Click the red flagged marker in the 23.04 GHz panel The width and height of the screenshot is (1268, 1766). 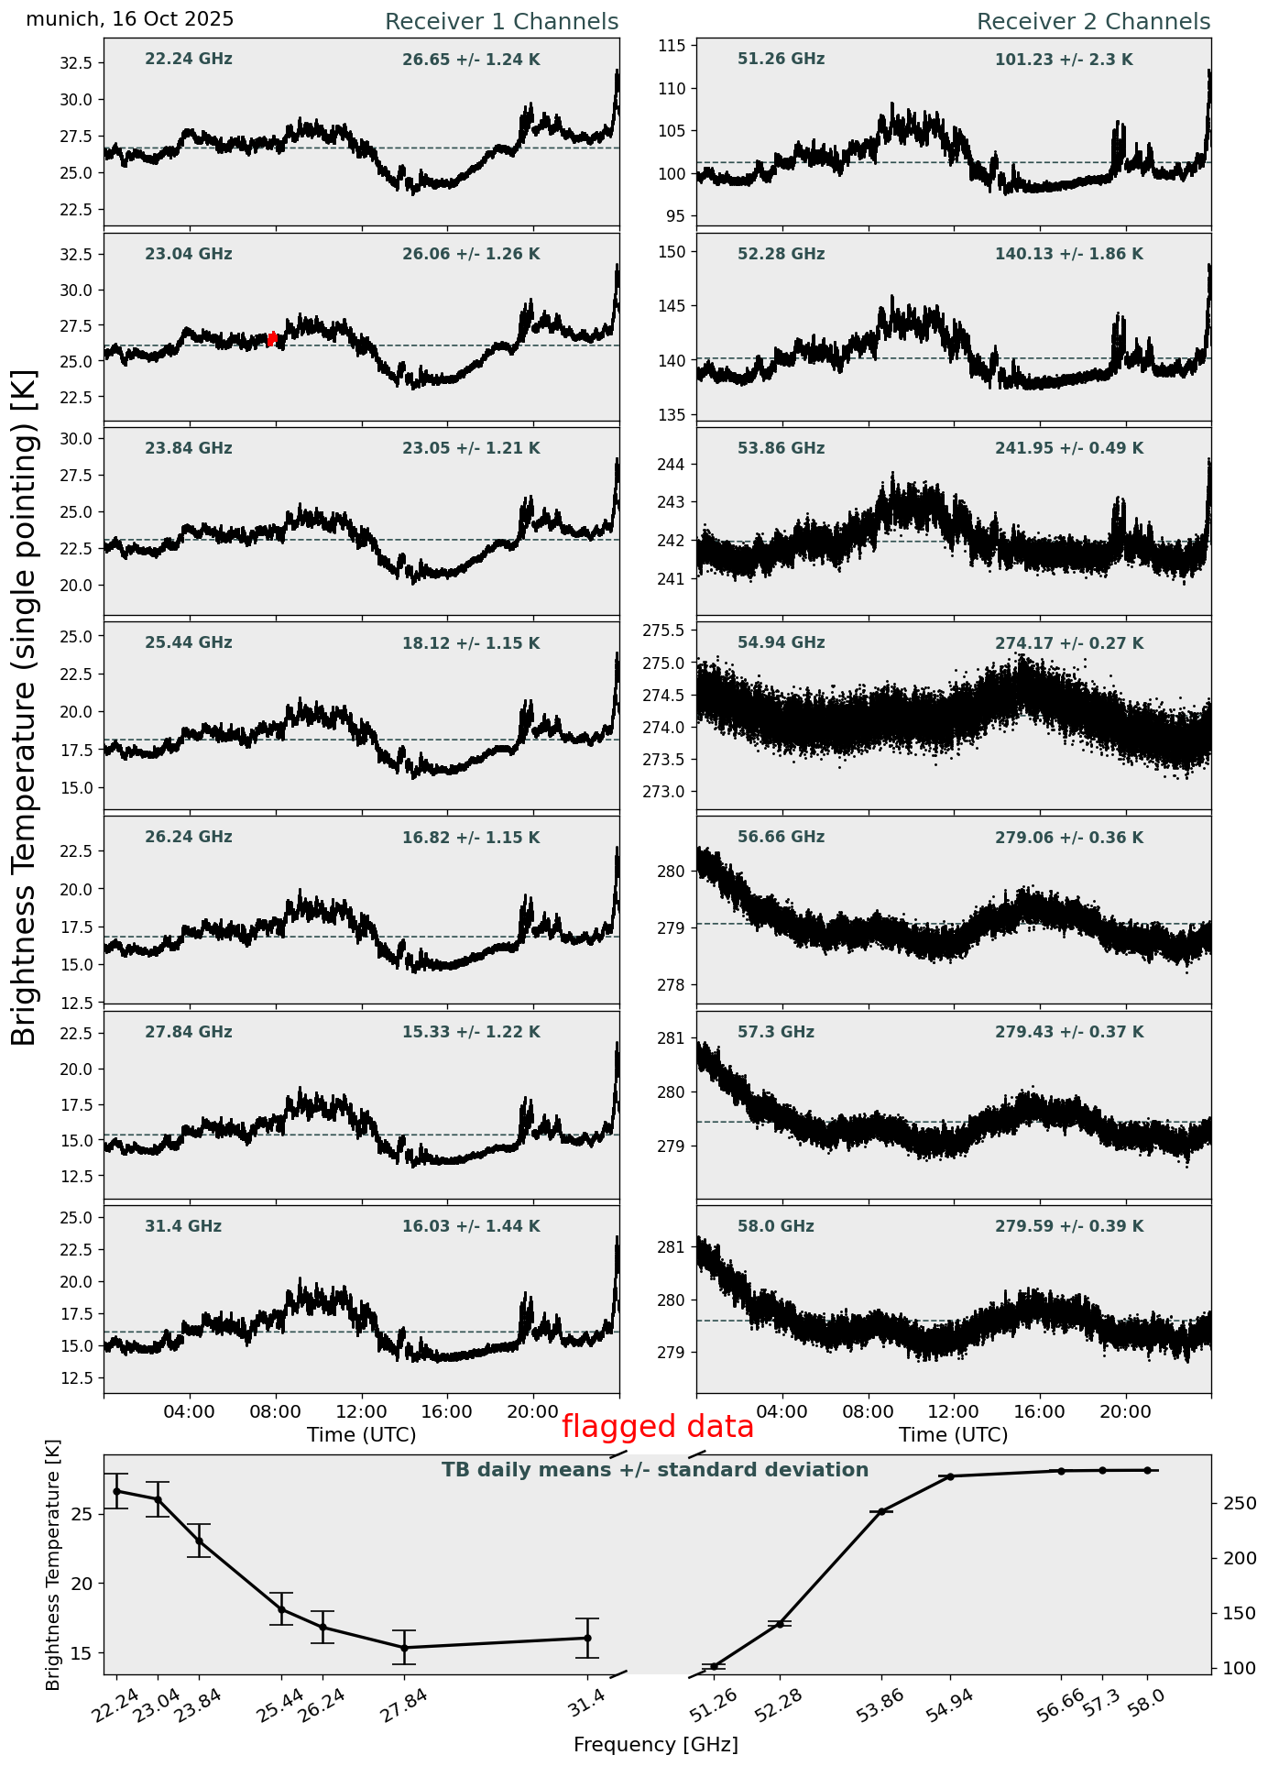[x=272, y=339]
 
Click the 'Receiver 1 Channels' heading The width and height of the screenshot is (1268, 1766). [x=501, y=22]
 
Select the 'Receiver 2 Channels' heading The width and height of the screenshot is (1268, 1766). [x=1093, y=22]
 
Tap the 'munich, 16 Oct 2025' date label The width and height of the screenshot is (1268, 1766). [x=130, y=19]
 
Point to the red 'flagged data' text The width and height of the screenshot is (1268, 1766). [x=657, y=1427]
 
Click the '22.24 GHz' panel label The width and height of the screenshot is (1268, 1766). [x=189, y=60]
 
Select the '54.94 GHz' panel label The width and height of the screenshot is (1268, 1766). [x=781, y=643]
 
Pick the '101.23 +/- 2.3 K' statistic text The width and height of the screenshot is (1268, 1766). [x=1064, y=60]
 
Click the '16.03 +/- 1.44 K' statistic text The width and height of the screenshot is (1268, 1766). [x=471, y=1226]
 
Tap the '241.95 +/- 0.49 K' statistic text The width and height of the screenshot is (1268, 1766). [x=1069, y=449]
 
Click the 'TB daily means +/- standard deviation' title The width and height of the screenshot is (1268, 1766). [x=655, y=1470]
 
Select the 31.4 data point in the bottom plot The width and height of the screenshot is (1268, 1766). [x=587, y=1638]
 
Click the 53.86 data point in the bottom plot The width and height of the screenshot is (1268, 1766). [x=881, y=1511]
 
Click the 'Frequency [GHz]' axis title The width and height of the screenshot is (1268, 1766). [x=655, y=1744]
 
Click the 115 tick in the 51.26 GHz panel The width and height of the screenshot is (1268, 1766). [x=677, y=46]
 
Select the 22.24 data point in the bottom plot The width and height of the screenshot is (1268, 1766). [x=116, y=1491]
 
